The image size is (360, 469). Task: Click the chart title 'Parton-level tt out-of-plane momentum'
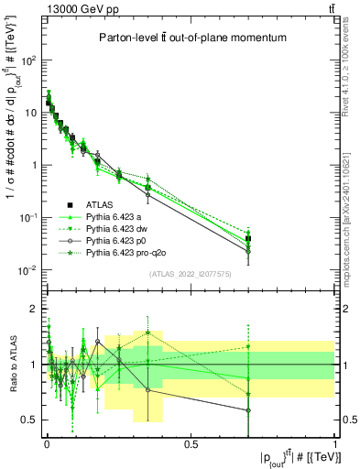[x=190, y=38]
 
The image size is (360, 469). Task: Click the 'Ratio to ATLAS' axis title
[x=12, y=364]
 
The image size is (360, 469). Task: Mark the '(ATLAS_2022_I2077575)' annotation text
[x=190, y=274]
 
